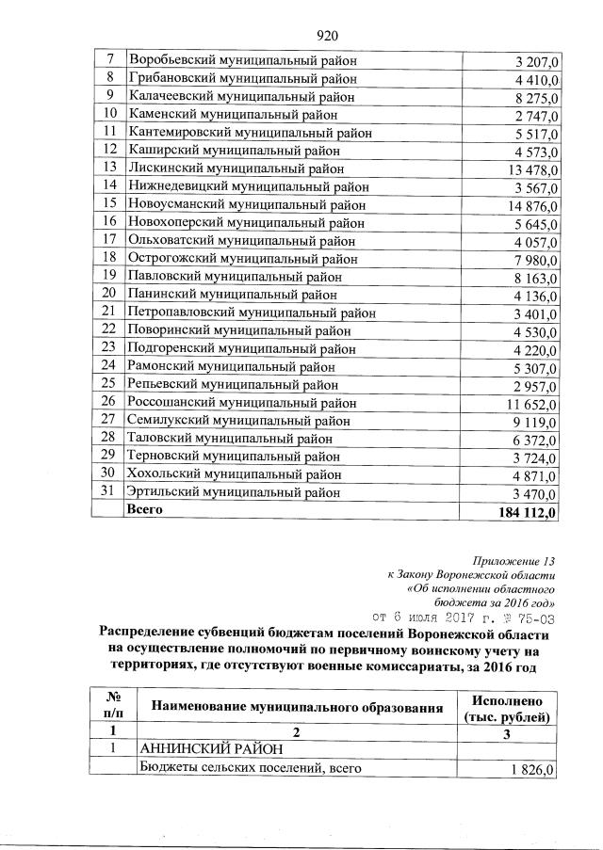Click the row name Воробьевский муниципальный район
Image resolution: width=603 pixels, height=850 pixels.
[x=242, y=61]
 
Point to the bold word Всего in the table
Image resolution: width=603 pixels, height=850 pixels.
[x=146, y=509]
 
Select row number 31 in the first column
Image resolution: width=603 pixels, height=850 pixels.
[x=108, y=491]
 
